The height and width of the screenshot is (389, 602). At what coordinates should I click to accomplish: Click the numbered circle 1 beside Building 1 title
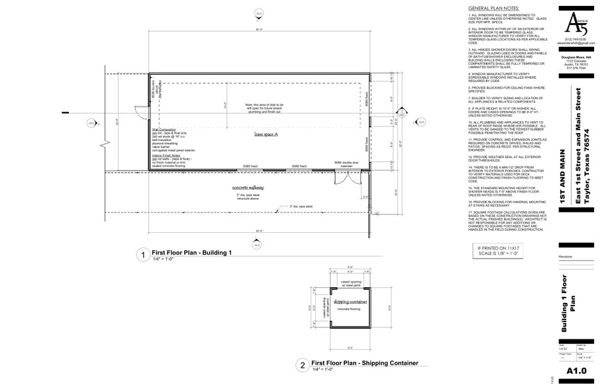pos(140,255)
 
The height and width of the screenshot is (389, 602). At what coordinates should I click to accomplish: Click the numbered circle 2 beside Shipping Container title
pos(301,365)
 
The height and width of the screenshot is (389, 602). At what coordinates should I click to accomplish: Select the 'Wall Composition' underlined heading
pos(164,130)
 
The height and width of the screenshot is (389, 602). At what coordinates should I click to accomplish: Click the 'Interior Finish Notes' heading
pos(166,155)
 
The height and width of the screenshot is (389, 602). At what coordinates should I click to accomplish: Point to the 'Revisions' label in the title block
pos(566,256)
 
